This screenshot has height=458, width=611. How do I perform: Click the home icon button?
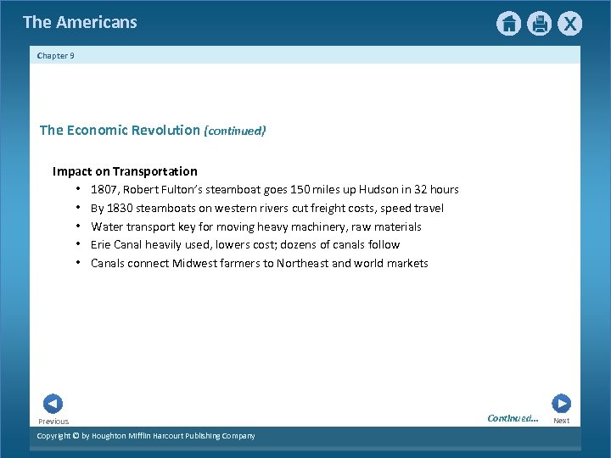[x=508, y=24]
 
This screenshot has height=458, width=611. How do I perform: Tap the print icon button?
[x=539, y=24]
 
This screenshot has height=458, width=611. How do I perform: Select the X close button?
[x=569, y=24]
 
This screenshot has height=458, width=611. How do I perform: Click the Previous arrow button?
[x=53, y=404]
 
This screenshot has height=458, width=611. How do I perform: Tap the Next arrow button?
[x=561, y=404]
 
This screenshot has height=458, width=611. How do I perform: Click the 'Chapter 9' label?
[x=56, y=56]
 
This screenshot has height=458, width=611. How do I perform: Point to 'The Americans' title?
[x=80, y=23]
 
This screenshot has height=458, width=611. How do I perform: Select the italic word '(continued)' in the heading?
[x=235, y=131]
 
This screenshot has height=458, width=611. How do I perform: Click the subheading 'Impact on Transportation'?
[x=125, y=171]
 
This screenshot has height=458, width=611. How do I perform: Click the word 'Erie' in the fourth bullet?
[x=102, y=245]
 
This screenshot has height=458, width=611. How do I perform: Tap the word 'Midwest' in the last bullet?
[x=195, y=264]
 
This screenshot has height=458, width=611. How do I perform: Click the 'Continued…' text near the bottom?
[x=513, y=418]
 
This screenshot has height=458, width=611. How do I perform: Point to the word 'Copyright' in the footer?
[x=56, y=436]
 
